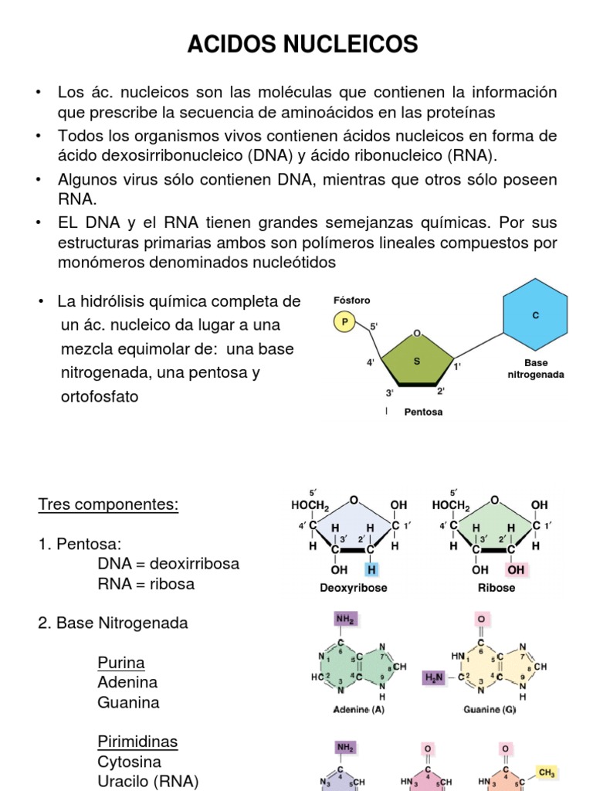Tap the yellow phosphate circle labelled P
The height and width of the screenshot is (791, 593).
(343, 322)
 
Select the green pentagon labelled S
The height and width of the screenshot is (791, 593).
(417, 362)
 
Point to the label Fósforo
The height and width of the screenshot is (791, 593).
(352, 300)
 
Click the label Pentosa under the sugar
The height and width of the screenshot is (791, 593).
(424, 412)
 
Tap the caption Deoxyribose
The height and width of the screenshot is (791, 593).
(354, 588)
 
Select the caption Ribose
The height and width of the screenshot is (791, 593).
(496, 588)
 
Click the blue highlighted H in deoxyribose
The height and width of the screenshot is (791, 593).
(373, 570)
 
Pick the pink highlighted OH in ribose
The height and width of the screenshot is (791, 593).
(515, 570)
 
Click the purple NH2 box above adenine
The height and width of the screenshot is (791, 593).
(345, 619)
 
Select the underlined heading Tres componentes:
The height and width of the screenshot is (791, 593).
(108, 504)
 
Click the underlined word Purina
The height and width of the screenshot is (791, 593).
(121, 663)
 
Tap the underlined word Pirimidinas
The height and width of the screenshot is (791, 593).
(137, 742)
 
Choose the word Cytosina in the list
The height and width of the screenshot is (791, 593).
(128, 762)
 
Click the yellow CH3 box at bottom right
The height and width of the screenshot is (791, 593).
(547, 772)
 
